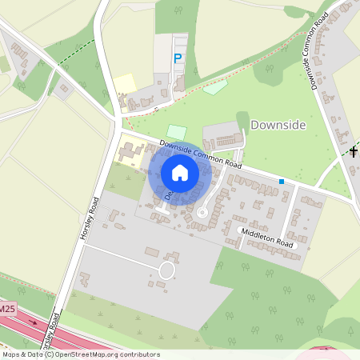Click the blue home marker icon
click(180, 172)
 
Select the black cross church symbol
click(354, 150)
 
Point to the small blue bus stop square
click(282, 182)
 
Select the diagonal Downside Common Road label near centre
click(200, 154)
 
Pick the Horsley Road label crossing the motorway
click(53, 330)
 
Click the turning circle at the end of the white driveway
click(166, 270)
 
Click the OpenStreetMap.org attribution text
click(104, 354)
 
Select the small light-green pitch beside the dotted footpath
click(214, 86)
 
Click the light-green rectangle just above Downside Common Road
click(176, 131)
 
